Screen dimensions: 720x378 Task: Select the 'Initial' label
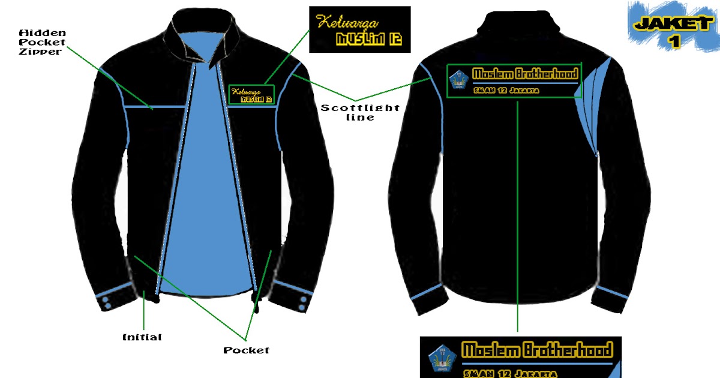pos(142,337)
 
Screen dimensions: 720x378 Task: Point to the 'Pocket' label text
pos(246,350)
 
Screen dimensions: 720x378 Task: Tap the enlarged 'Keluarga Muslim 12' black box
pos(359,29)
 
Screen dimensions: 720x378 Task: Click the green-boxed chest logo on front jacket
pos(251,95)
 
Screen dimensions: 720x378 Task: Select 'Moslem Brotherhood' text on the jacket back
pos(525,74)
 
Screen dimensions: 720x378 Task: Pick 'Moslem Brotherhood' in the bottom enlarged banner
pos(537,350)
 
